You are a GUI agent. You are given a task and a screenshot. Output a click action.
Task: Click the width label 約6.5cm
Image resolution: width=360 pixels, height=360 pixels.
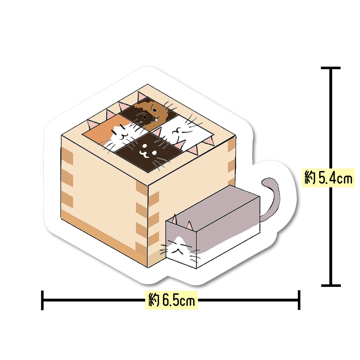pyautogui.click(x=172, y=300)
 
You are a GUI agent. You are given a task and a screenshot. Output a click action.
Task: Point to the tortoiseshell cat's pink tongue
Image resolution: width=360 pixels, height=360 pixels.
pyautogui.click(x=154, y=120)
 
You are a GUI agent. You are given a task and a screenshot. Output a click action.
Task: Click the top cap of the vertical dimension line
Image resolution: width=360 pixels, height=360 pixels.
pyautogui.click(x=331, y=68)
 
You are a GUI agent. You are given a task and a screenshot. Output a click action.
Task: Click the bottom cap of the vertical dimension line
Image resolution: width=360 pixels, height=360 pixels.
pyautogui.click(x=331, y=285)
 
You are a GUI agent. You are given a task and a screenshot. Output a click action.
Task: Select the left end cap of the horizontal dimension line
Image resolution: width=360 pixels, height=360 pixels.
pyautogui.click(x=42, y=300)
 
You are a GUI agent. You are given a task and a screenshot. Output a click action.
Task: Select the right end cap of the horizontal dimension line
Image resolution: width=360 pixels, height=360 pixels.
pyautogui.click(x=299, y=300)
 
